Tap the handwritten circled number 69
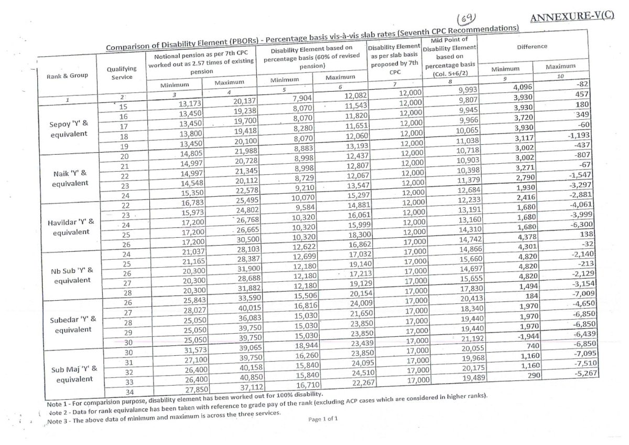coord(466,19)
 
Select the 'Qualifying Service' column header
coord(122,72)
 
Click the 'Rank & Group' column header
coord(68,75)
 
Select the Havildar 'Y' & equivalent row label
coord(69,227)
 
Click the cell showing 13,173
coord(187,103)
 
